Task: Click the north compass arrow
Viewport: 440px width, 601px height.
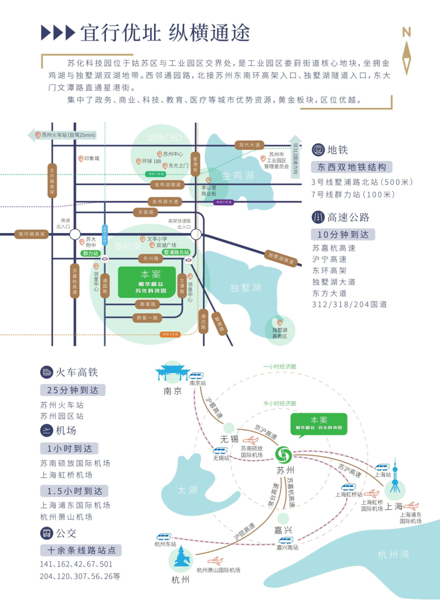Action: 406,57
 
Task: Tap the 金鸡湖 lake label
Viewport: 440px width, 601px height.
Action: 238,175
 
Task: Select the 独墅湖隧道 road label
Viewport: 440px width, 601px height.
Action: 281,258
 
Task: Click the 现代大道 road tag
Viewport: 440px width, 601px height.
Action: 249,145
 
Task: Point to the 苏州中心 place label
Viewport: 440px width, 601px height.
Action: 173,154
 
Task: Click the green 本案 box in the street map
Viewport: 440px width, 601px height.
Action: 147,282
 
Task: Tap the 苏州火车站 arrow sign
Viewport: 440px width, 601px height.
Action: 63,135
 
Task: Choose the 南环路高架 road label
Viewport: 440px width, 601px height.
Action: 31,234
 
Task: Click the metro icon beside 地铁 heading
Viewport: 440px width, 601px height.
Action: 318,150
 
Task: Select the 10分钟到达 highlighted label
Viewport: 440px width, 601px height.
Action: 343,234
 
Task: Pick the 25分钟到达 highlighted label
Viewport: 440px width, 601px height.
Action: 73,390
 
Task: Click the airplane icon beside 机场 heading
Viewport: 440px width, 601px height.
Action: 46,430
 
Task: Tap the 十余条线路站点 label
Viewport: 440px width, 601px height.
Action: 81,551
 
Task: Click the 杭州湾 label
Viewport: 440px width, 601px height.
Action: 393,554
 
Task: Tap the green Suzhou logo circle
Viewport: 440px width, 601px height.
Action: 283,455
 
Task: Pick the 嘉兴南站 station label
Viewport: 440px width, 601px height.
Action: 287,548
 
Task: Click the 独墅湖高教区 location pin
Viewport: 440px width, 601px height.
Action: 279,323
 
